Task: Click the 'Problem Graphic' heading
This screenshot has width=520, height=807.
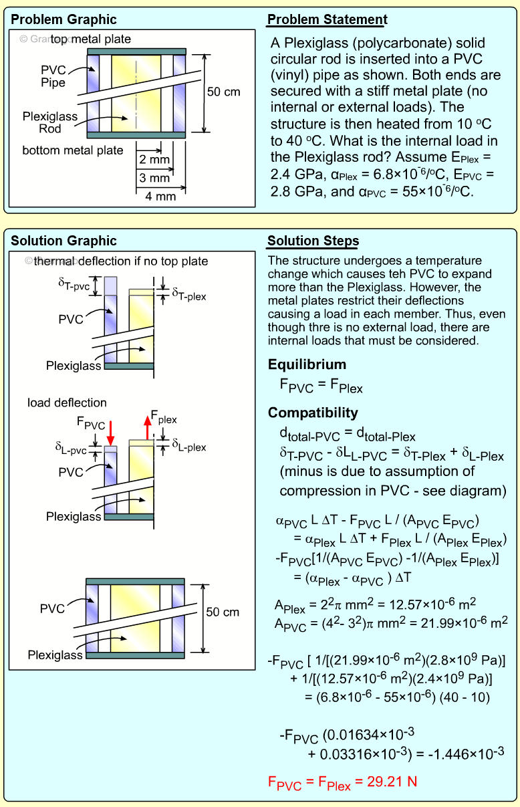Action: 64,19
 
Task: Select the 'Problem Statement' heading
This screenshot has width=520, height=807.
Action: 328,19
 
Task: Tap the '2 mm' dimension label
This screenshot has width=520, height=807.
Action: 154,160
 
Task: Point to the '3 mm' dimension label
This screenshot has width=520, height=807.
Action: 154,178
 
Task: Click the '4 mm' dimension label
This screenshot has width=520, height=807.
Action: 160,196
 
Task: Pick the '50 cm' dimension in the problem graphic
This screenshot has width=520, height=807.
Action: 223,92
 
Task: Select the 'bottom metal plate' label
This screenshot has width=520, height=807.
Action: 73,150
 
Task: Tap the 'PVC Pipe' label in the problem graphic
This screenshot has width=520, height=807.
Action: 53,76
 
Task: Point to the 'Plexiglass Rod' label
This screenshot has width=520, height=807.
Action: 50,122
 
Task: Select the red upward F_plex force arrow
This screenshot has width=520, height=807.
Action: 146,427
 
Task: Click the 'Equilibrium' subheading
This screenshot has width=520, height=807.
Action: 307,364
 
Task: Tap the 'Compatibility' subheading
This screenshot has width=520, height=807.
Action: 313,413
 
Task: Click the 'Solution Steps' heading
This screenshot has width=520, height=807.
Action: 313,241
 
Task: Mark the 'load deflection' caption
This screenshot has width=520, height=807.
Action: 67,402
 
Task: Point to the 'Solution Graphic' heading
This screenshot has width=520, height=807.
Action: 63,241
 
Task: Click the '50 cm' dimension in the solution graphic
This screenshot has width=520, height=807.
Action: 223,612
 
